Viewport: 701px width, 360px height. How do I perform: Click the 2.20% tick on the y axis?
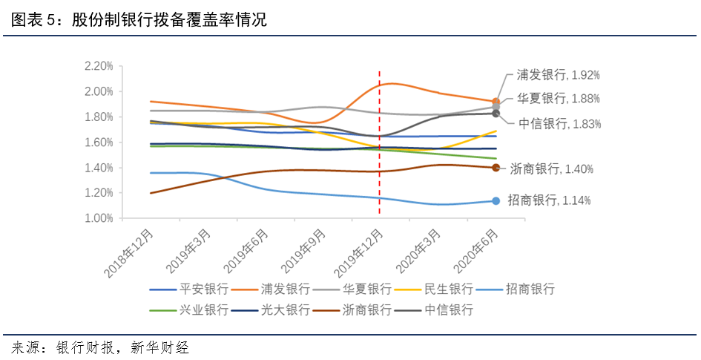[98, 66]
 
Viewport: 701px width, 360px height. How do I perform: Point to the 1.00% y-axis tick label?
[98, 218]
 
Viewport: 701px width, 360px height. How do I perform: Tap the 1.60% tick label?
[98, 142]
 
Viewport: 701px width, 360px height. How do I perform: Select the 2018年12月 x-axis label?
[131, 254]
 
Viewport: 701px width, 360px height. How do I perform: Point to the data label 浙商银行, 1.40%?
[552, 169]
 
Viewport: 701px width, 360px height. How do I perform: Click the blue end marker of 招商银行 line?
[496, 200]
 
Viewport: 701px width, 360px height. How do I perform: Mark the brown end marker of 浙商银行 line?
[496, 168]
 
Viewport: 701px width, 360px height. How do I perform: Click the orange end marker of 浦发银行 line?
[496, 102]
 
